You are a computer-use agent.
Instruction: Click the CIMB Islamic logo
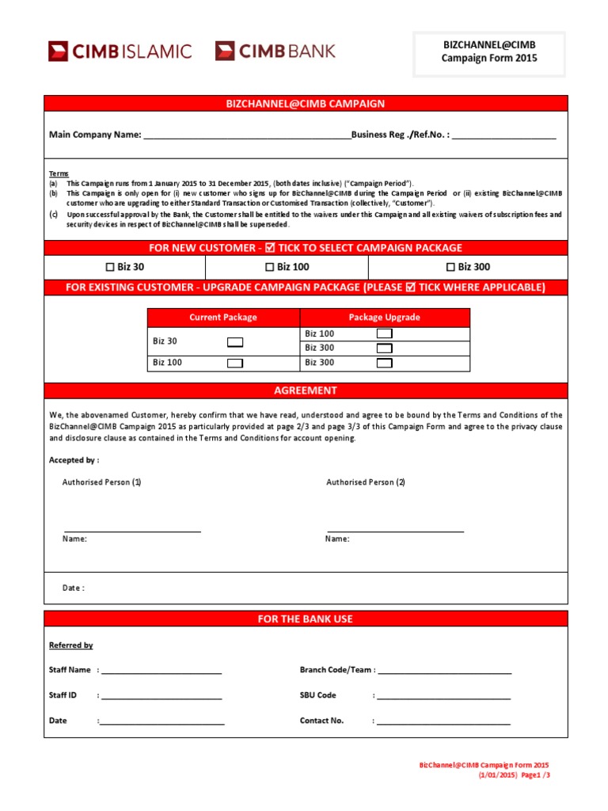(x=120, y=51)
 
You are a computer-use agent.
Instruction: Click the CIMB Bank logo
(x=275, y=51)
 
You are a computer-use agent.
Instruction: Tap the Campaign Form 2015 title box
(x=489, y=52)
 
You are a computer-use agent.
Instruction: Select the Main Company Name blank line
(x=246, y=136)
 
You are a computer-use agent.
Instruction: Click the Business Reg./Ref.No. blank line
(x=504, y=136)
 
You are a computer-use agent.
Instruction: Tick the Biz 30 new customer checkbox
(x=110, y=268)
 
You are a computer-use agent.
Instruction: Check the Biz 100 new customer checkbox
(x=269, y=268)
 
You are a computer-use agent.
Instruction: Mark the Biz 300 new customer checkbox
(x=450, y=268)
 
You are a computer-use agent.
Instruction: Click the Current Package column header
(x=223, y=318)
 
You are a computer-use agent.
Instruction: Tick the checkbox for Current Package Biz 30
(x=235, y=342)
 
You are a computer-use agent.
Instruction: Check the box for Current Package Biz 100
(x=235, y=364)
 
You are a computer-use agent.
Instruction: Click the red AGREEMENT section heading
(x=306, y=390)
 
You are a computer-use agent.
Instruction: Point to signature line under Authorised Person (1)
(x=132, y=530)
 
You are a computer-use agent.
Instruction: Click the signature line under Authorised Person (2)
(x=396, y=530)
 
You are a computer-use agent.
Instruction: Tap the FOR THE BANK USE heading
(x=306, y=619)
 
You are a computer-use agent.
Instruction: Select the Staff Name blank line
(x=161, y=672)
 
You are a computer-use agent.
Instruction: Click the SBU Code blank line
(x=443, y=698)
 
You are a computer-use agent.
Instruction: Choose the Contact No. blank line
(x=443, y=723)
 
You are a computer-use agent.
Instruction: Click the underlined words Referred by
(x=71, y=645)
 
